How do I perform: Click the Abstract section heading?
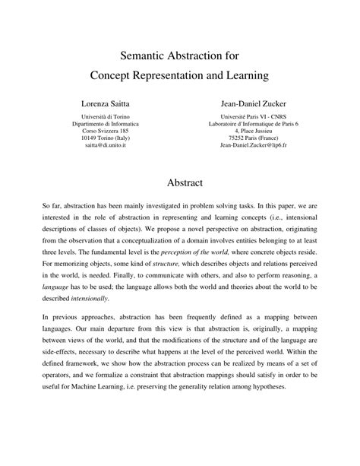point(180,183)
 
